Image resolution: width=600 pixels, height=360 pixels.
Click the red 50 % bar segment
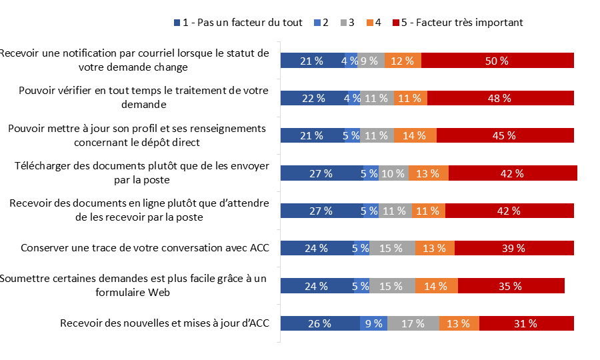(x=497, y=61)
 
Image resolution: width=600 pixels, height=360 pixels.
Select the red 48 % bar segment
(x=500, y=98)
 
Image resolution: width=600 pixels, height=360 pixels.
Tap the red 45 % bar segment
(x=505, y=135)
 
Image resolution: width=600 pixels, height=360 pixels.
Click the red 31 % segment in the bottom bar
(x=526, y=323)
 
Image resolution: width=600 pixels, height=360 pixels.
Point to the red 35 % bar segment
(x=511, y=286)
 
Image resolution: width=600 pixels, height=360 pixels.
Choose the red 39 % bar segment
(x=514, y=248)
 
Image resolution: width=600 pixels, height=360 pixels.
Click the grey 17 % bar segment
(x=413, y=323)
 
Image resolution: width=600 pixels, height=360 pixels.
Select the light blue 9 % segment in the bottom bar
(x=373, y=323)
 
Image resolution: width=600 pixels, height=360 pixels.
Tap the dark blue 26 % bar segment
(x=319, y=323)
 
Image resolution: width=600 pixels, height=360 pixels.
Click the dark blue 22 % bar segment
(x=313, y=98)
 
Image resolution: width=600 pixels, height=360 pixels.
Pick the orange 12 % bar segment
(x=403, y=61)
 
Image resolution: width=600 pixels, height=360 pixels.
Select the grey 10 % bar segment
(x=393, y=173)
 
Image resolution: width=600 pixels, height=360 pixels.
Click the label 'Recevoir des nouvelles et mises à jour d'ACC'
(x=164, y=323)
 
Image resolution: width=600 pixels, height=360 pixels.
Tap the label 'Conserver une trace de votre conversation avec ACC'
(x=145, y=248)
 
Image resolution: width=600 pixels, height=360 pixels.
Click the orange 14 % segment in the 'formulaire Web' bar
(x=436, y=286)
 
